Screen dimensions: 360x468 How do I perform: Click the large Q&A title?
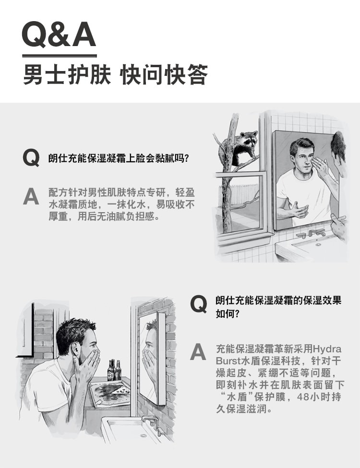click(x=59, y=35)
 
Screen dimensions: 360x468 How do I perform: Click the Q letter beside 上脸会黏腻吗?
click(x=31, y=158)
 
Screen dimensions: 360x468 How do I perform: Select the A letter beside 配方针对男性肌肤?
click(x=31, y=196)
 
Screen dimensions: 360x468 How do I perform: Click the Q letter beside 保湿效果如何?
click(x=199, y=304)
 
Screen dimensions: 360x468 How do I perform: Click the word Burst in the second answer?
click(x=228, y=361)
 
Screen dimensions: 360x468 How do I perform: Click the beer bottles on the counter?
click(x=114, y=370)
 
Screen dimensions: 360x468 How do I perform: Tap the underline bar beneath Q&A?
click(x=60, y=56)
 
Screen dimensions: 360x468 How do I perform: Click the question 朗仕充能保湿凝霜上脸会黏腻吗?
click(x=118, y=158)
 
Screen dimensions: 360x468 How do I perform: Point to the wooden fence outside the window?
click(x=239, y=194)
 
